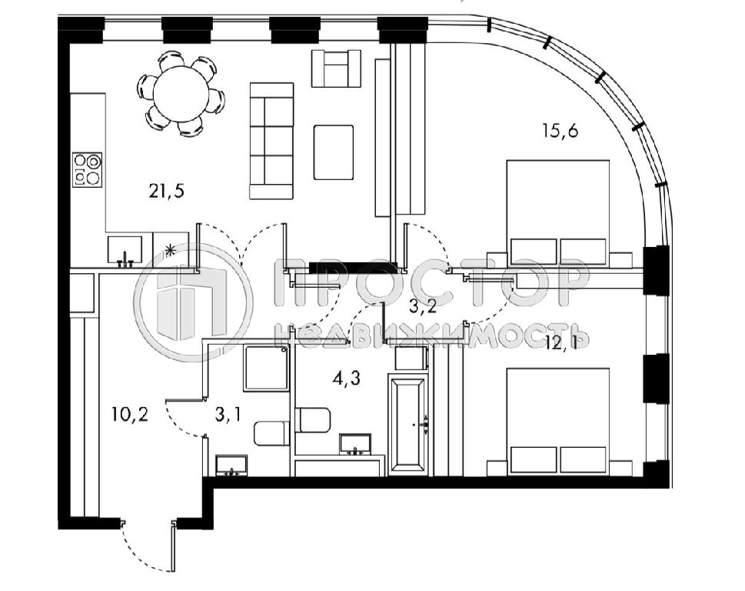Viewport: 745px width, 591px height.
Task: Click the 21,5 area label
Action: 166,191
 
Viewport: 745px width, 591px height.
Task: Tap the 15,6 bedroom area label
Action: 560,130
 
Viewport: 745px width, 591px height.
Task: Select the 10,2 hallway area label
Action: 130,414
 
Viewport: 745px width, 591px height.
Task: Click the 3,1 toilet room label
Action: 228,415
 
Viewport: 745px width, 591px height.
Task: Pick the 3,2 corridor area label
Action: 422,307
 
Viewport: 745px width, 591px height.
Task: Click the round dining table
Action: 181,93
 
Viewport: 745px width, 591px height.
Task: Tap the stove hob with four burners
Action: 88,169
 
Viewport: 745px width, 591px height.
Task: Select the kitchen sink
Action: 125,250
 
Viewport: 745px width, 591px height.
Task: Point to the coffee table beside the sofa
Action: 334,152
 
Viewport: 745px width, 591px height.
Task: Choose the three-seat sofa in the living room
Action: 271,141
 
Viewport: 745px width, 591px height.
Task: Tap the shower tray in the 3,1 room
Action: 267,369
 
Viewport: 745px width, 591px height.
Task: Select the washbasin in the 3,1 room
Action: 232,465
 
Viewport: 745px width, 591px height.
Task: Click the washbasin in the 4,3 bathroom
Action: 356,444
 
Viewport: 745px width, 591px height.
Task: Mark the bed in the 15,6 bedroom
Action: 558,213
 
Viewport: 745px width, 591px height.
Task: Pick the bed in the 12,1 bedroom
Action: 558,421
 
